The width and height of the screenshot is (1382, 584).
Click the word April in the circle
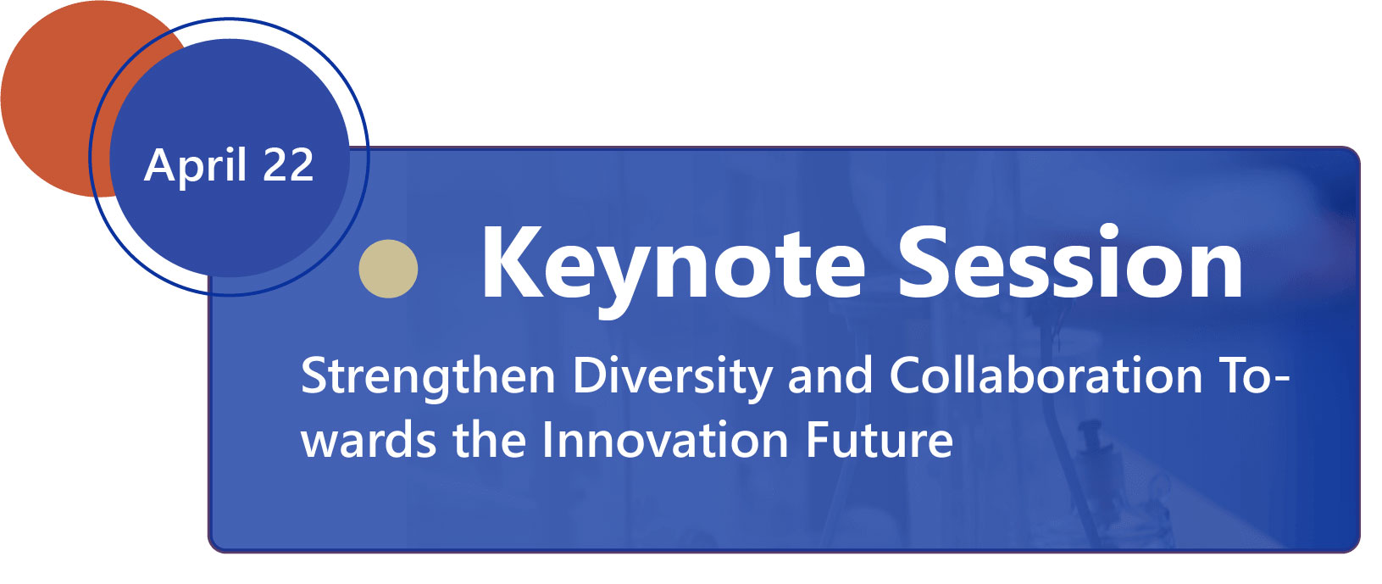coord(196,164)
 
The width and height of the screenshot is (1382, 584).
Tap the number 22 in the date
coord(288,164)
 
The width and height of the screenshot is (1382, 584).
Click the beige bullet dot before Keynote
coord(388,269)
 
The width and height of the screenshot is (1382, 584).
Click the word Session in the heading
coord(1070,262)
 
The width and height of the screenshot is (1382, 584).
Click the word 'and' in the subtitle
coord(830,375)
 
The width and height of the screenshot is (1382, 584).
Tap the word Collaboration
coord(1046,375)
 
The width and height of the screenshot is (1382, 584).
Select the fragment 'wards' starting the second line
coord(369,440)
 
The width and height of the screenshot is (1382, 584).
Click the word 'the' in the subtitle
coord(489,440)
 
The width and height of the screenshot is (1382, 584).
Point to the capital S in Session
coord(924,263)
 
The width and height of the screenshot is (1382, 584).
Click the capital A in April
coord(160,164)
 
